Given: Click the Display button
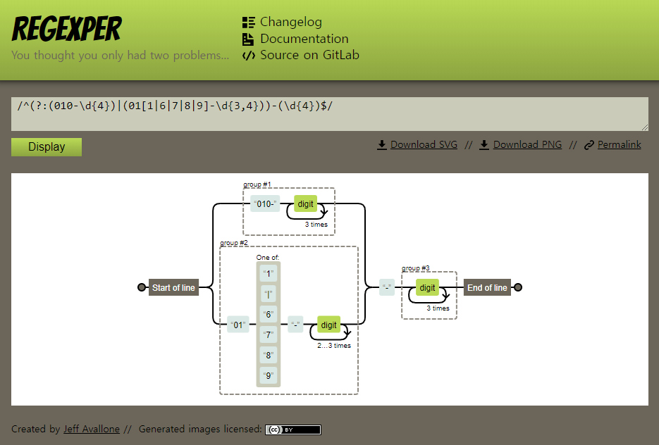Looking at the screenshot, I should [x=47, y=147].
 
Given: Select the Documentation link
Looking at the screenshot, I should [x=304, y=39].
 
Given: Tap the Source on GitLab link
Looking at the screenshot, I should [x=309, y=55].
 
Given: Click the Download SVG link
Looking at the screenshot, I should [x=423, y=145].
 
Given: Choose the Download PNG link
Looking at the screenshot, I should [x=526, y=145].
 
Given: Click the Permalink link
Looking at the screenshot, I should [x=619, y=145].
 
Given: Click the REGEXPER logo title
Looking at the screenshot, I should [x=67, y=30].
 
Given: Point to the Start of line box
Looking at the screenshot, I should [x=173, y=287].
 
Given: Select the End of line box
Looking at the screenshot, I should [x=487, y=287].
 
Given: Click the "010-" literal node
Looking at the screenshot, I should [x=266, y=204].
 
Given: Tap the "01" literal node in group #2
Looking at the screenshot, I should [x=239, y=325].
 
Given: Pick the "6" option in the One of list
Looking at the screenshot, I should [x=268, y=314].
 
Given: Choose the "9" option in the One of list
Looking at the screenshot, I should [x=268, y=375].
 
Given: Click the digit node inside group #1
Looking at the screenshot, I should [x=305, y=204].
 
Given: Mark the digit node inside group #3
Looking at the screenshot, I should [x=427, y=287].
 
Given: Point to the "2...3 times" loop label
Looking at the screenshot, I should [x=333, y=346].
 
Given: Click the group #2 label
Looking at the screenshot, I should [x=234, y=243].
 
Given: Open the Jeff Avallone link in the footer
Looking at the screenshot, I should [x=92, y=430].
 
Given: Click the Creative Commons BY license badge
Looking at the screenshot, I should [x=292, y=430].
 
